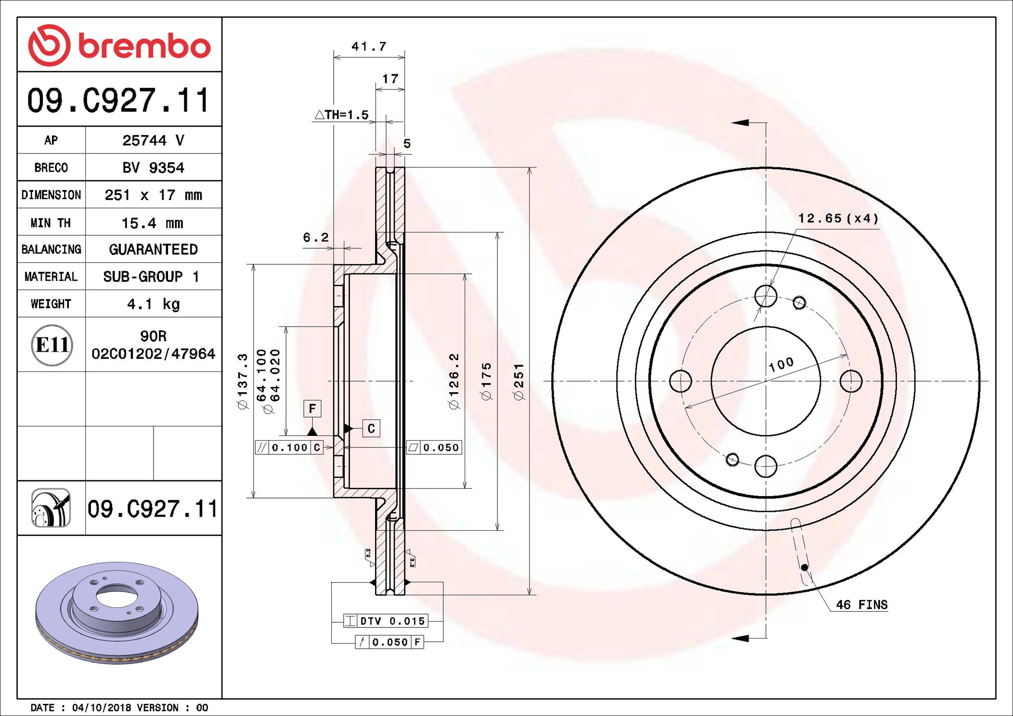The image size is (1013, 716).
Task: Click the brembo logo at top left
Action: (x=119, y=45)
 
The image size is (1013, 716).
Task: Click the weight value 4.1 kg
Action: (x=153, y=304)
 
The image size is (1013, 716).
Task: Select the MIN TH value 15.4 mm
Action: (x=152, y=223)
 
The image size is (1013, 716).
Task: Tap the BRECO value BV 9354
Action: (x=153, y=168)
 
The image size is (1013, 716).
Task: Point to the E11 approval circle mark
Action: (x=52, y=345)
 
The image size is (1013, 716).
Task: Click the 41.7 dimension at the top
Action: (x=369, y=47)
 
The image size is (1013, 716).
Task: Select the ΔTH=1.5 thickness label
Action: (x=342, y=115)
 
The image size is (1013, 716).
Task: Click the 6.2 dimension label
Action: (x=316, y=237)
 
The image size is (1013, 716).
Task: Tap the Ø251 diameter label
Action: (x=519, y=382)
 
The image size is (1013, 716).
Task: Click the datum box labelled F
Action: (x=312, y=409)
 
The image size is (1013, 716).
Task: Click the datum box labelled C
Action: (x=371, y=428)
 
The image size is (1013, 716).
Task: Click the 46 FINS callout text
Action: (x=861, y=605)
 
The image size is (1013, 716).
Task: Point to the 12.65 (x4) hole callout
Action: (x=838, y=218)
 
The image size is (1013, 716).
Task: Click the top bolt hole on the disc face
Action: (x=766, y=296)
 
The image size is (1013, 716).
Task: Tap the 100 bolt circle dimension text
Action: (x=781, y=364)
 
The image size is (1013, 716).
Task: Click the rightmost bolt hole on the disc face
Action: (x=851, y=381)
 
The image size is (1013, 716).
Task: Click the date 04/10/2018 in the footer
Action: (x=101, y=708)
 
